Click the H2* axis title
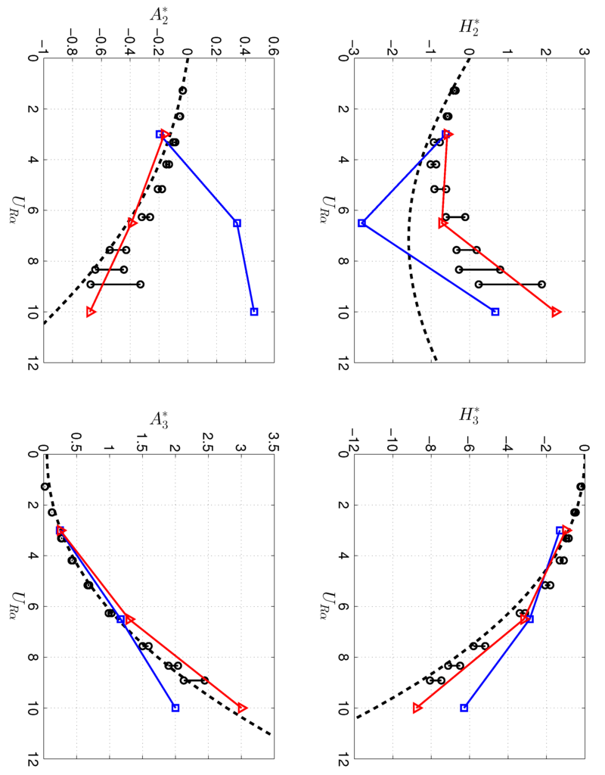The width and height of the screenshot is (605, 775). pyautogui.click(x=469, y=28)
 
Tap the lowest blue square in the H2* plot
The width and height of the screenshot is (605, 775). pyautogui.click(x=361, y=223)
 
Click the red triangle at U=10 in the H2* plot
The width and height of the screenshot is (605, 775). pyautogui.click(x=557, y=312)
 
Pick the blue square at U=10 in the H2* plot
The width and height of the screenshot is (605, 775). pyautogui.click(x=495, y=312)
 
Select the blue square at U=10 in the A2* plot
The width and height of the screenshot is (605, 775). pyautogui.click(x=254, y=312)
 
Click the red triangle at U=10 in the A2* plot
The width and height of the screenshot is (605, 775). pyautogui.click(x=91, y=312)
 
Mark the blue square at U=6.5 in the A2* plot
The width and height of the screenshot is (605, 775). pyautogui.click(x=237, y=223)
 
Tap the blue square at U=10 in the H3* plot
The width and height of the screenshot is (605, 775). pyautogui.click(x=464, y=708)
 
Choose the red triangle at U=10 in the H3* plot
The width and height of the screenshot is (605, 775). pyautogui.click(x=417, y=708)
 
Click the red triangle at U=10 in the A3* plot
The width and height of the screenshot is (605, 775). pyautogui.click(x=242, y=708)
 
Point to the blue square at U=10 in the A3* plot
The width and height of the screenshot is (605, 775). pyautogui.click(x=175, y=708)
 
